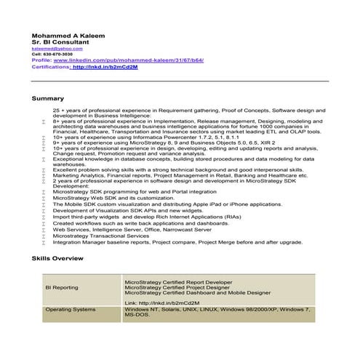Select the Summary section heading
[x=48, y=97]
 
